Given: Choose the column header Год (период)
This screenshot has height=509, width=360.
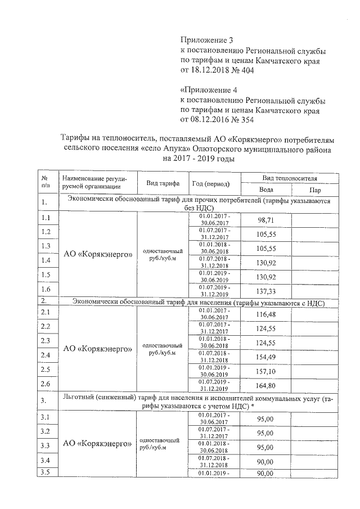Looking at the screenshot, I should pyautogui.click(x=210, y=184).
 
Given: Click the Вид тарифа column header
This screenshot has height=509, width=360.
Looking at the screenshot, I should pyautogui.click(x=163, y=184).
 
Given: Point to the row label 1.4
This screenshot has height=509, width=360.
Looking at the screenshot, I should pyautogui.click(x=46, y=260).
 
